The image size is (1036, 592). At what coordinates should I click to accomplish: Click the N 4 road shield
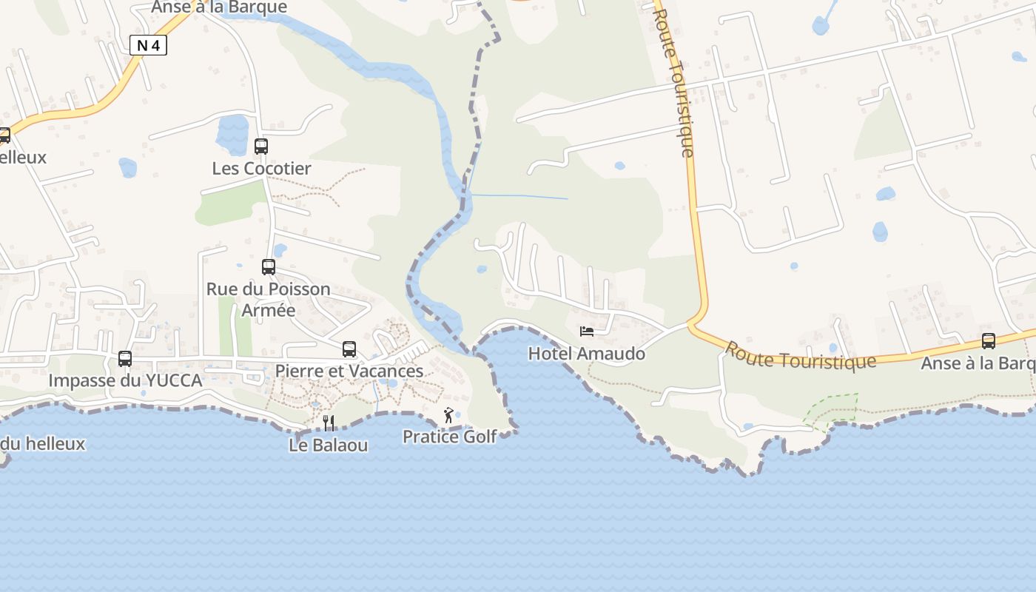148,45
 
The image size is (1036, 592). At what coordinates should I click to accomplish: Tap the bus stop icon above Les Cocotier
261,146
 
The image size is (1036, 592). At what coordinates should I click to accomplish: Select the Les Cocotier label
261,168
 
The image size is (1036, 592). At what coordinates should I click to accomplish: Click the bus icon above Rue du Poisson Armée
269,266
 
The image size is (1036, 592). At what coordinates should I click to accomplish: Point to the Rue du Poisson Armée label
268,299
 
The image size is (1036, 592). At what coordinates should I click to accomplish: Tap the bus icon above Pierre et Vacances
349,349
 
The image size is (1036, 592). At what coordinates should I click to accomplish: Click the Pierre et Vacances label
349,371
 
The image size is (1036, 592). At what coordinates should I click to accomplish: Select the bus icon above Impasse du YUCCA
125,358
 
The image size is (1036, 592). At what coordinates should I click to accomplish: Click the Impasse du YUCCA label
125,380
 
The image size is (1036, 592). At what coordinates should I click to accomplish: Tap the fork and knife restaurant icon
329,423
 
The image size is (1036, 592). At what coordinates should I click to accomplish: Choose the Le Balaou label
329,445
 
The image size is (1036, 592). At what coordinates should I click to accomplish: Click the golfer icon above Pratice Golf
448,415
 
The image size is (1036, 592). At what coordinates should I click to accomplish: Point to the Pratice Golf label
449,437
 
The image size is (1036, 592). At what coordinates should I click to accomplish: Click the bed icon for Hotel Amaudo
587,332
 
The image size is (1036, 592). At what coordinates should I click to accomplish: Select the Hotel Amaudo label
587,354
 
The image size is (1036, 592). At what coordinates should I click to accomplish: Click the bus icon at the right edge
989,341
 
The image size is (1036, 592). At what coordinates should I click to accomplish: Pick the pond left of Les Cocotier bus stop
232,134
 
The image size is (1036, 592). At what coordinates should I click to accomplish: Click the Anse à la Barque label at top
219,7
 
